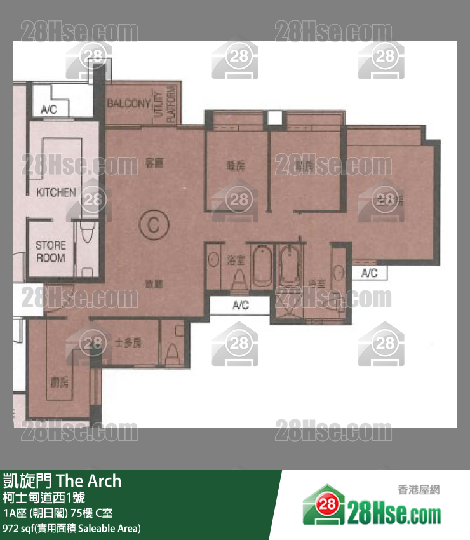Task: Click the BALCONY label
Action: [128, 104]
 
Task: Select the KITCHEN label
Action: [56, 192]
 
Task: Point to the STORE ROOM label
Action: [50, 252]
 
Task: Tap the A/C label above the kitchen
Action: [49, 110]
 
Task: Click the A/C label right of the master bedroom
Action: [369, 273]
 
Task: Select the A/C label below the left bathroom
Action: [240, 306]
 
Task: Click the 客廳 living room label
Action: [154, 163]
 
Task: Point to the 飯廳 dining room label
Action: [154, 286]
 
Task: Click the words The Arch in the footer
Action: [88, 481]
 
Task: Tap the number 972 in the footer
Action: [11, 527]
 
